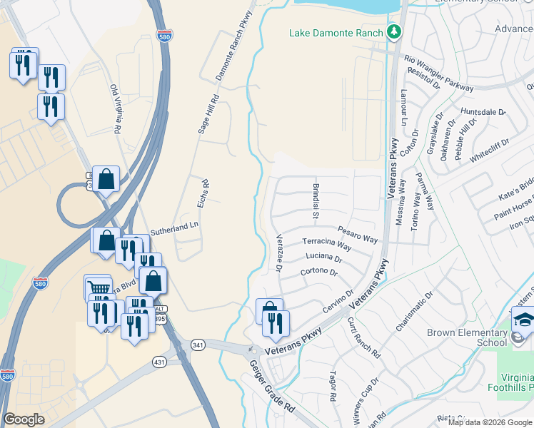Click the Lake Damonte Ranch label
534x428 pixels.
(336, 33)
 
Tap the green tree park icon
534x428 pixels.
(393, 32)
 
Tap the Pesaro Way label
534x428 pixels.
(357, 235)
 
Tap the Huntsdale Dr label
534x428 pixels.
(483, 113)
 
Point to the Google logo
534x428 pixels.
(24, 419)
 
